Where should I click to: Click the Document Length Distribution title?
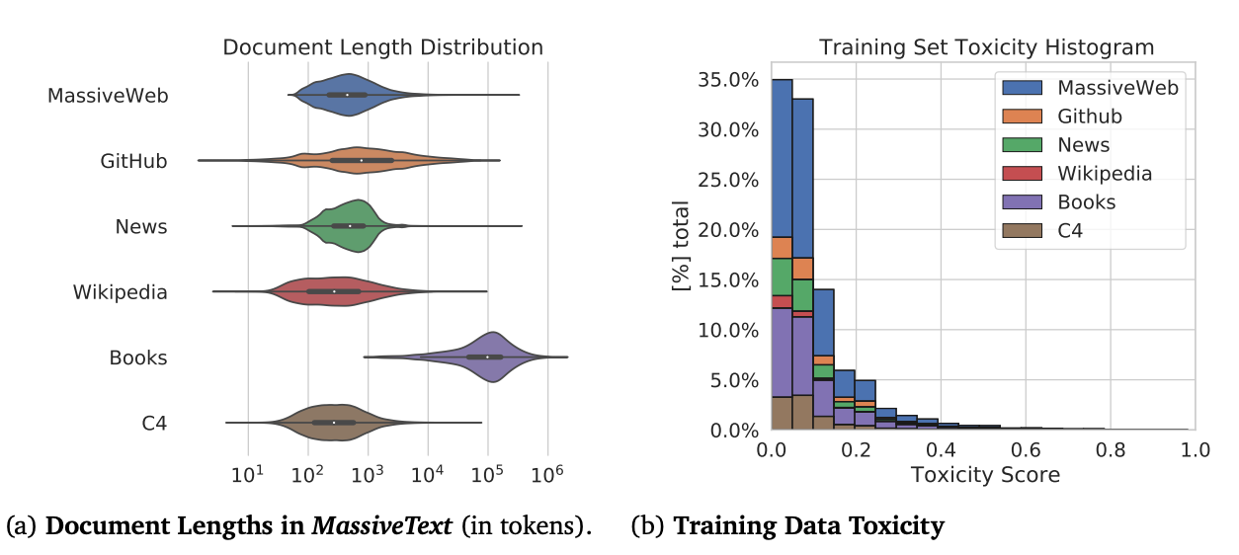382,47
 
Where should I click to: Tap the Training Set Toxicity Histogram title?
986,47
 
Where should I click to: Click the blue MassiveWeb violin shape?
346,95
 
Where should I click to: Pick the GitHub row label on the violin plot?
133,161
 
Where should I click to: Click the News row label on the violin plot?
141,226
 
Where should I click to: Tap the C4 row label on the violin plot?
153,423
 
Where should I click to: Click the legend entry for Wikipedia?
1105,174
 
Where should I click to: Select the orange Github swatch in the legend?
1025,117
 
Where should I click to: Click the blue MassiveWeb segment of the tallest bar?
782,158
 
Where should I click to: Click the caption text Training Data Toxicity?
808,525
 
